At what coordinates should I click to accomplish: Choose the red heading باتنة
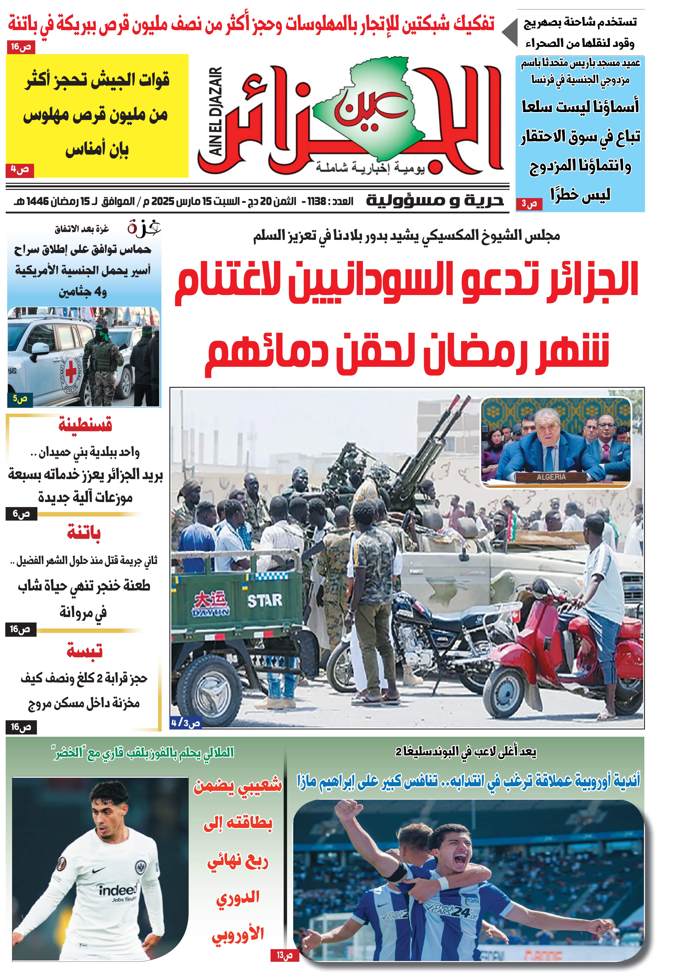point(84,533)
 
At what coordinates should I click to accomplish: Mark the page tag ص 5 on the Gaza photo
point(20,399)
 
